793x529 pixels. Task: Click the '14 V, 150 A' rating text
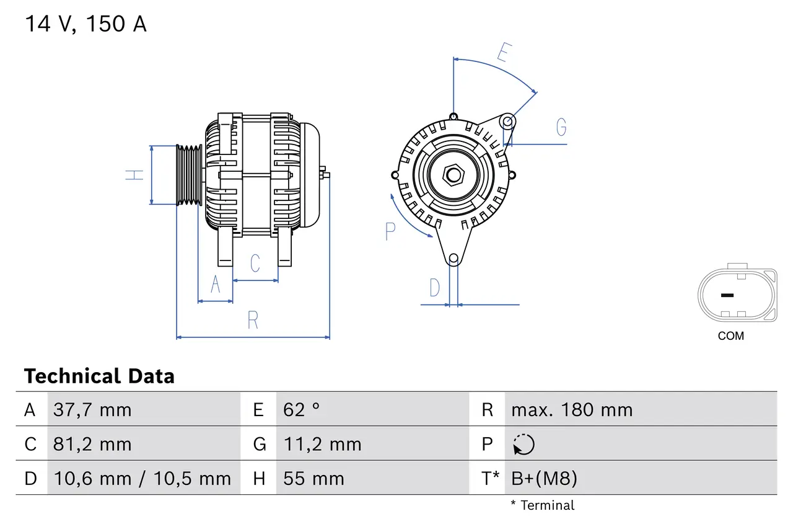(x=85, y=24)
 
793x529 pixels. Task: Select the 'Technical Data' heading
(x=99, y=376)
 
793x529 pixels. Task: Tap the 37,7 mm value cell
(x=92, y=410)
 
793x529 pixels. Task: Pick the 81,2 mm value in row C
(x=92, y=444)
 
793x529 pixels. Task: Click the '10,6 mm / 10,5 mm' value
(x=142, y=479)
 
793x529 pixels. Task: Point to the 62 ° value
(x=302, y=410)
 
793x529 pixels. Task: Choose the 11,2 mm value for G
(x=322, y=444)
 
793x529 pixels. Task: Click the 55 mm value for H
(x=313, y=479)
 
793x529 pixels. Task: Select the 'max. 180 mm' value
(x=572, y=410)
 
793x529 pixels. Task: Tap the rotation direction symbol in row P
(x=524, y=445)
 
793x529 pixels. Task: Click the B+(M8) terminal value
(x=544, y=479)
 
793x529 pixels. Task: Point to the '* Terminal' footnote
(x=543, y=505)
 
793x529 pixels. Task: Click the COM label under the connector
(x=731, y=336)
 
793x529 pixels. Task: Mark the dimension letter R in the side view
(x=253, y=321)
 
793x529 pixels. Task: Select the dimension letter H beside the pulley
(x=134, y=175)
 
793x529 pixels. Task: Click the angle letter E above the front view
(x=503, y=53)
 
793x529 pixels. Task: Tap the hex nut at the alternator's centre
(x=453, y=175)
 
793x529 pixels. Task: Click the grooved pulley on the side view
(x=190, y=176)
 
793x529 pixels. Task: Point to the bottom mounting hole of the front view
(x=453, y=258)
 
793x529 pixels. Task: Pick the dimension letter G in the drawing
(x=561, y=127)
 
